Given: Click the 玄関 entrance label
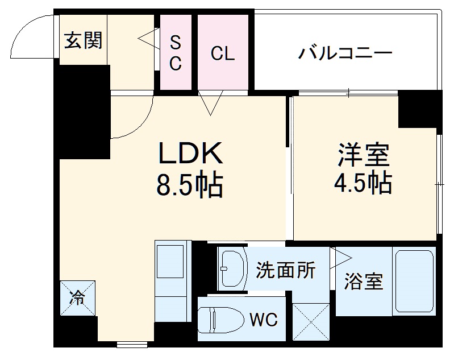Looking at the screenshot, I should pyautogui.click(x=83, y=41).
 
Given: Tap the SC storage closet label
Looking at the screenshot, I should pyautogui.click(x=176, y=52).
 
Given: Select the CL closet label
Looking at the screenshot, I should pyautogui.click(x=222, y=53).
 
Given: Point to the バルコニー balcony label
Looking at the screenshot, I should pyautogui.click(x=346, y=54).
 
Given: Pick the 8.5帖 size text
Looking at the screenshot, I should pyautogui.click(x=189, y=185).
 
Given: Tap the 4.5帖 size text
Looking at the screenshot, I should pyautogui.click(x=364, y=182).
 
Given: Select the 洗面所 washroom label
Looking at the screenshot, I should pyautogui.click(x=285, y=270).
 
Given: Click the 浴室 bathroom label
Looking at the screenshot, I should pyautogui.click(x=364, y=280).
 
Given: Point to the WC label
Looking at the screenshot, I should pyautogui.click(x=264, y=320).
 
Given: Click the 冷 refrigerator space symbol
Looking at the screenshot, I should pyautogui.click(x=78, y=297).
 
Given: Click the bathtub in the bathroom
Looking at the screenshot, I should pyautogui.click(x=415, y=281).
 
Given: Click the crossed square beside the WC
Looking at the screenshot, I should pyautogui.click(x=311, y=322).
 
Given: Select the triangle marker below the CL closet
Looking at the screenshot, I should pyautogui.click(x=212, y=104).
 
